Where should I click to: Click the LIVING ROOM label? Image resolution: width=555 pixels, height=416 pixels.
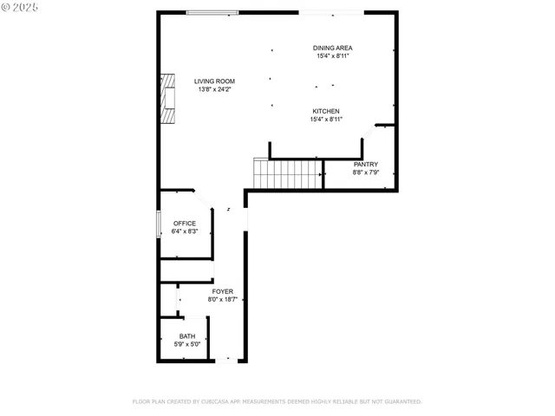(x=214, y=81)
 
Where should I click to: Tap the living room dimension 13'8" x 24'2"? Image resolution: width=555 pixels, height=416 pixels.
(x=214, y=89)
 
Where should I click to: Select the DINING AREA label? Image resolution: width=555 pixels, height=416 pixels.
(x=333, y=48)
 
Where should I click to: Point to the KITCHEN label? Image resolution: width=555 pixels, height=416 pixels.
(x=325, y=111)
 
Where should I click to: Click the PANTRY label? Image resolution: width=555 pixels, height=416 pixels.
(x=365, y=164)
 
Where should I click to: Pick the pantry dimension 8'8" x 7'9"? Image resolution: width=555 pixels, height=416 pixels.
(x=365, y=172)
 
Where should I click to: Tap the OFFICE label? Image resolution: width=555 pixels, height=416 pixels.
(x=185, y=223)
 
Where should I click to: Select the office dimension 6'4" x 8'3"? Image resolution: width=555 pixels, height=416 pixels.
(x=185, y=231)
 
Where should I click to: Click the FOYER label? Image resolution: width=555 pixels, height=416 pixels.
(x=222, y=291)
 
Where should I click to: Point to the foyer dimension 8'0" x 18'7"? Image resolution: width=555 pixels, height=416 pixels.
(x=222, y=299)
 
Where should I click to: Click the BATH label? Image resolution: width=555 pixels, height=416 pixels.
(x=187, y=336)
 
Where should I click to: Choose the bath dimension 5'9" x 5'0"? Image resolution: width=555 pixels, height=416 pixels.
(x=187, y=344)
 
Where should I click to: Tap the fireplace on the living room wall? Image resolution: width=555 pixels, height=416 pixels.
(x=167, y=99)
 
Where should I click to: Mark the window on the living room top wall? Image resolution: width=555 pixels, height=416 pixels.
(x=212, y=12)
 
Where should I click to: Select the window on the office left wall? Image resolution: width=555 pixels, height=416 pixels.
(x=158, y=224)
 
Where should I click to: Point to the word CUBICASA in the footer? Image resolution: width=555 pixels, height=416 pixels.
(x=220, y=401)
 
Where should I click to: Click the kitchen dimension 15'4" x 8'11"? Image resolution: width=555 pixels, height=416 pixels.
(x=325, y=120)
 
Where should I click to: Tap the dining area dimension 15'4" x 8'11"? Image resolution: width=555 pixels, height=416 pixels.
(x=333, y=56)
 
